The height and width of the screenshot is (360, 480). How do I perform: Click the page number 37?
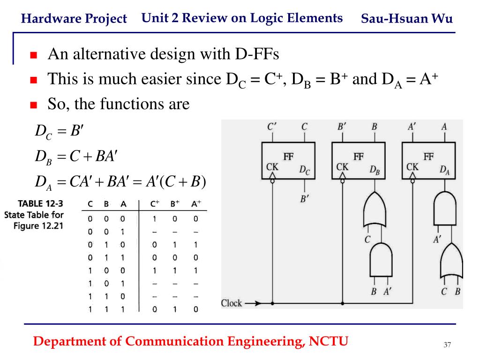tap(447, 345)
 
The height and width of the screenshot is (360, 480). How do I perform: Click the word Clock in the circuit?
tap(232, 303)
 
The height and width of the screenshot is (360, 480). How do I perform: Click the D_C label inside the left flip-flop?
tap(305, 171)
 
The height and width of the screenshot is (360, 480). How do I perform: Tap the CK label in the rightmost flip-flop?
tap(412, 167)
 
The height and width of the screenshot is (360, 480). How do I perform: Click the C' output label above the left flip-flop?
tap(272, 127)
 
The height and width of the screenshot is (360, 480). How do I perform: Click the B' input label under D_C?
tap(305, 199)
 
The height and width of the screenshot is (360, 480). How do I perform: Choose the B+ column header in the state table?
tap(175, 204)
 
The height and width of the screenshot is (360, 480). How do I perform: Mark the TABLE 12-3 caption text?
tap(40, 204)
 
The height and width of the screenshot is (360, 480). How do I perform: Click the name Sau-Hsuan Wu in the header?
tap(407, 19)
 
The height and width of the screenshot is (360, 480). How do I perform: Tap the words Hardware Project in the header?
tap(74, 19)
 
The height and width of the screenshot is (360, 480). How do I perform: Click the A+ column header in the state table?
tap(196, 204)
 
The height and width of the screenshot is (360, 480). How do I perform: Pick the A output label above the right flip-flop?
tap(444, 127)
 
